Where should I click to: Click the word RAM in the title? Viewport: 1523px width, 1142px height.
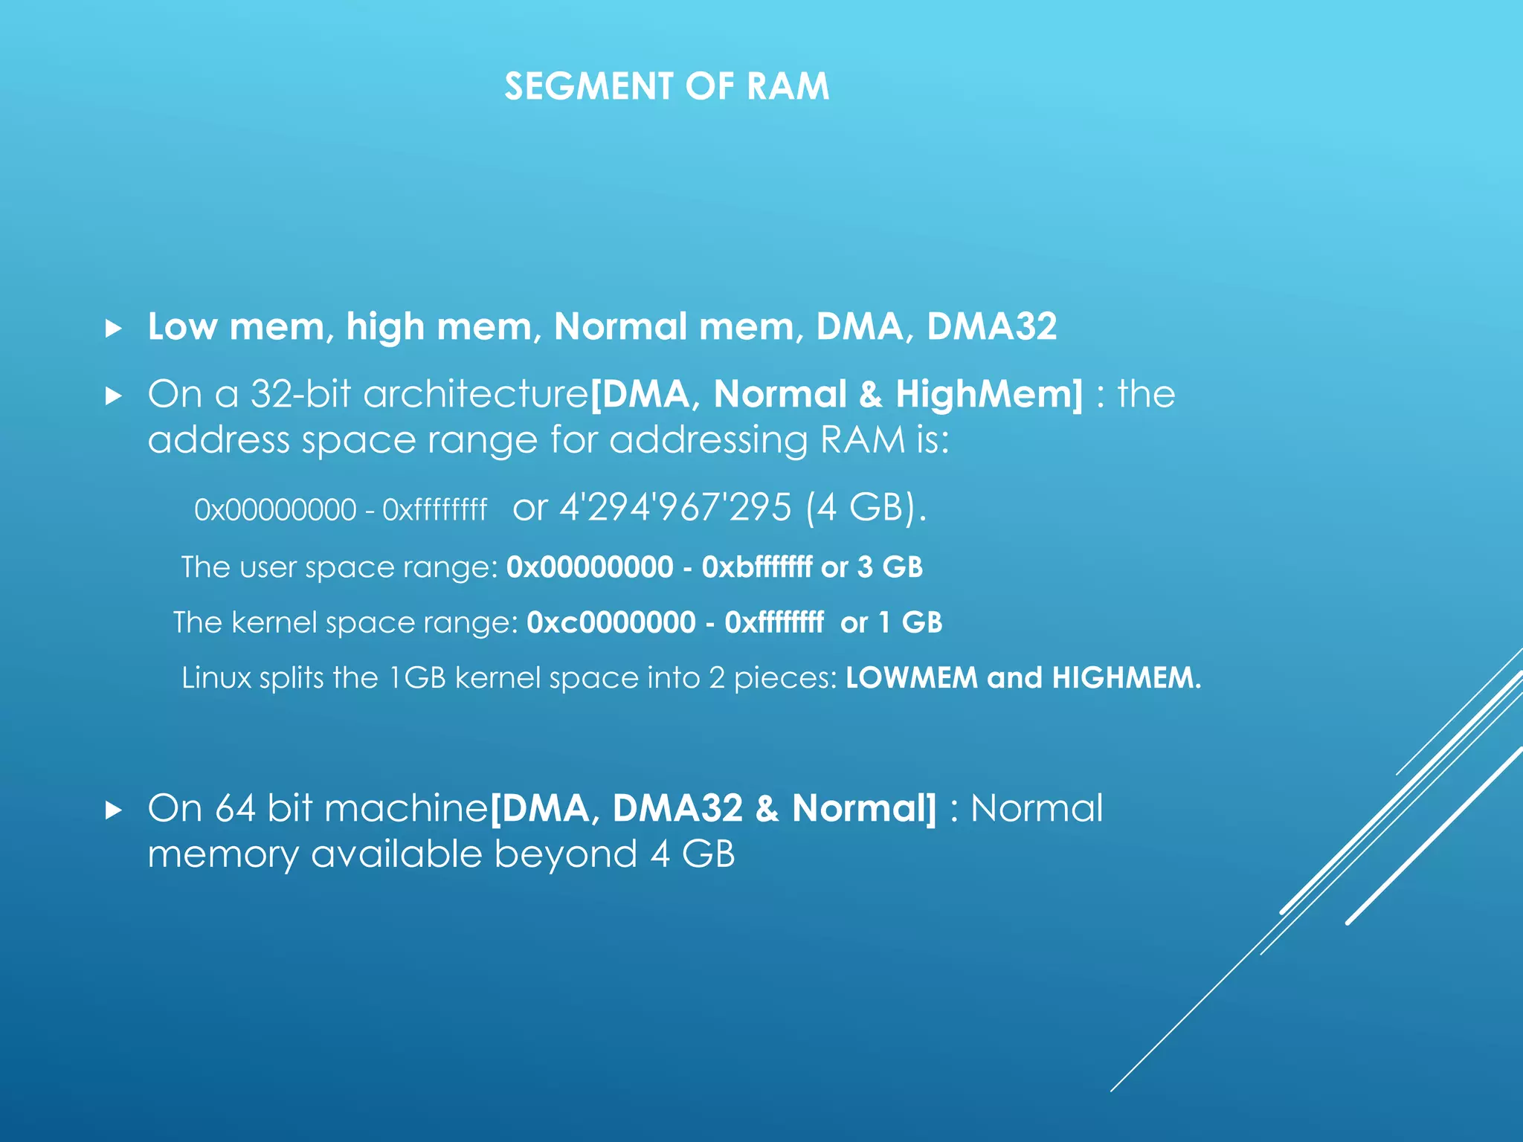coord(788,87)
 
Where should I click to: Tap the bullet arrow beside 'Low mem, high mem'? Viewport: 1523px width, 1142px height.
coord(113,329)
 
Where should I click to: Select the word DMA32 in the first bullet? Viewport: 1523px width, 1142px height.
coord(991,327)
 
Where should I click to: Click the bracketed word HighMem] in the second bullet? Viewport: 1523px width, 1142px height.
coord(989,394)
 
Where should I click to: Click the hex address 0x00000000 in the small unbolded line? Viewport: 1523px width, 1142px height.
coord(275,511)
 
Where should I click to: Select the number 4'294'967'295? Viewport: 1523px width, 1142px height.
coord(675,508)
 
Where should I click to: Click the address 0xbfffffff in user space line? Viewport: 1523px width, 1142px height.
coord(756,568)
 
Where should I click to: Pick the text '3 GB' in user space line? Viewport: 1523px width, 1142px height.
coord(889,568)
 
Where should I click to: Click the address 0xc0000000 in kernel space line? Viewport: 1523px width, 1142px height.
coord(611,623)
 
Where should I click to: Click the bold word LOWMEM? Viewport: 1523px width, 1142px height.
coord(911,678)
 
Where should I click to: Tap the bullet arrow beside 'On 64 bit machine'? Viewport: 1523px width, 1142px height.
coord(113,810)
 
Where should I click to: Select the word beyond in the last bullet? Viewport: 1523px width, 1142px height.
coord(565,854)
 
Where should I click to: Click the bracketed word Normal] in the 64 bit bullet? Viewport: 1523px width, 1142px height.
coord(864,809)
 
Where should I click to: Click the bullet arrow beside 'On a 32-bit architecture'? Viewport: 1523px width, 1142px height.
coord(113,396)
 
